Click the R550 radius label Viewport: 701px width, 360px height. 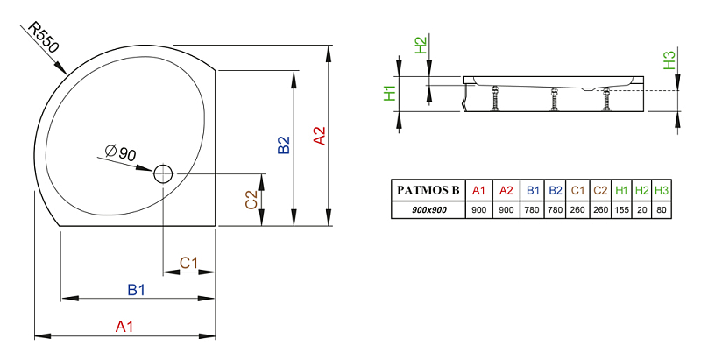pyautogui.click(x=43, y=38)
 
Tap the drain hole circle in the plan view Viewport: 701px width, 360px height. pyautogui.click(x=163, y=173)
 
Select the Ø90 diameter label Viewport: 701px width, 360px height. pyautogui.click(x=120, y=152)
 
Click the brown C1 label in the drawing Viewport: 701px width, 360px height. pyautogui.click(x=188, y=263)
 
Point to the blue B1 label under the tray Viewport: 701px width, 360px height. pyautogui.click(x=137, y=290)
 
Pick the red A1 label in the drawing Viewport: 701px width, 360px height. pyautogui.click(x=124, y=327)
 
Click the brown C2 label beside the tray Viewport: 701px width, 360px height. pyautogui.click(x=251, y=200)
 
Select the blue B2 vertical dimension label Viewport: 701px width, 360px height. pyautogui.click(x=284, y=145)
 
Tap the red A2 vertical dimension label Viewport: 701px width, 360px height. pyautogui.click(x=319, y=136)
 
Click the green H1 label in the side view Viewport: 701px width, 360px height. pyautogui.click(x=390, y=93)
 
